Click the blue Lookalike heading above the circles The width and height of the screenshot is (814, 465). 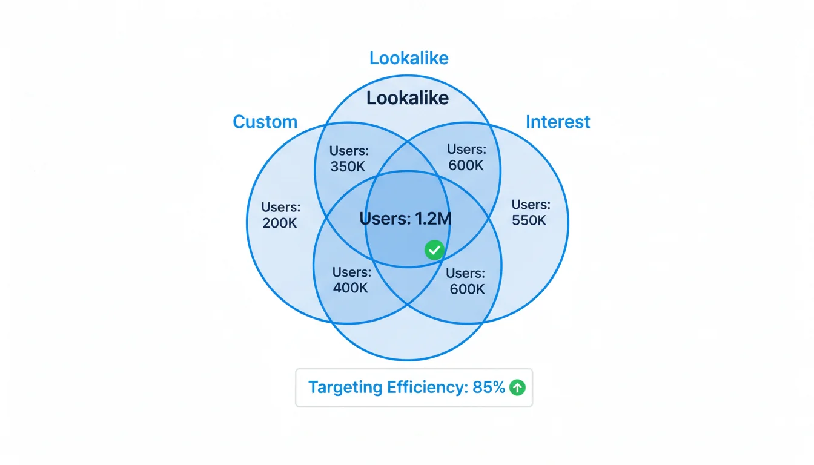409,58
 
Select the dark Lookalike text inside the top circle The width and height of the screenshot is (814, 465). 408,98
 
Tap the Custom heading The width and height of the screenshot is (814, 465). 265,122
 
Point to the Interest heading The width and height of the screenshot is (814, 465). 557,122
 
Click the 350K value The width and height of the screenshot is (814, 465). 348,167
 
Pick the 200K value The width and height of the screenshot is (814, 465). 280,223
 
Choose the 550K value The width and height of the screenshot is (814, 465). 529,220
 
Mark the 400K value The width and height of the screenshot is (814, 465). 351,288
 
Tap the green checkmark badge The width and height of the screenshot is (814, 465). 434,249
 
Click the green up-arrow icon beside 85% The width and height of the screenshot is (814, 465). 517,387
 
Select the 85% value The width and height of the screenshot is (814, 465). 489,387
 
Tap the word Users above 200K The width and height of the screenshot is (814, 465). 280,207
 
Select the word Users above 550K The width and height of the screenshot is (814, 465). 531,205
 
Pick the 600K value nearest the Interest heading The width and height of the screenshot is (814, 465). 466,165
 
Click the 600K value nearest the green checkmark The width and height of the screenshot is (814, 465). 467,289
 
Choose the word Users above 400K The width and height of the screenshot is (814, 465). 351,272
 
